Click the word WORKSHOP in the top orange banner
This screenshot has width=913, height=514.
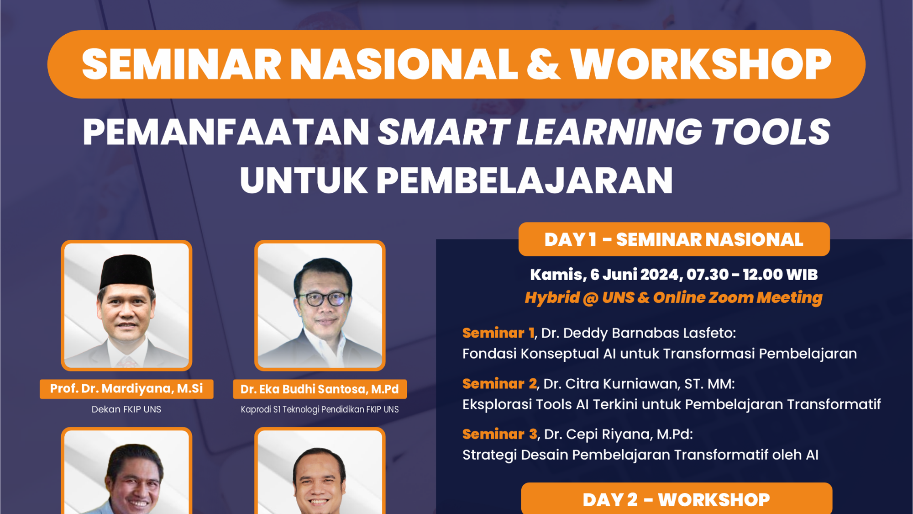(x=701, y=64)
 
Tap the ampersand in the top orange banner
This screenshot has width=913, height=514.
(x=543, y=64)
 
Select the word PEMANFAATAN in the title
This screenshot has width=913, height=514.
(x=226, y=132)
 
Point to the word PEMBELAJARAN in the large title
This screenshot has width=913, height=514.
(x=525, y=180)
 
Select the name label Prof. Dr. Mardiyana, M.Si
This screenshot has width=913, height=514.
(x=126, y=389)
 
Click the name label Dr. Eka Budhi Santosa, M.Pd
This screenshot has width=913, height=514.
(x=320, y=389)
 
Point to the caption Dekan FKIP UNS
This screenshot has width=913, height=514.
(x=126, y=409)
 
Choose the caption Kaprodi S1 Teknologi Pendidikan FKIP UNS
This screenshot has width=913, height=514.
(x=320, y=409)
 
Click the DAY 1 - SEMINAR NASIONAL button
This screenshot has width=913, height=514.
(x=674, y=239)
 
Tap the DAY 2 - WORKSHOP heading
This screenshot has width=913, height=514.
(x=676, y=499)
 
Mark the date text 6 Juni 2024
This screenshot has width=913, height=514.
(x=637, y=275)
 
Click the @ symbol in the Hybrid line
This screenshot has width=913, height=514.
(x=591, y=298)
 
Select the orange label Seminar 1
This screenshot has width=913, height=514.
(x=498, y=333)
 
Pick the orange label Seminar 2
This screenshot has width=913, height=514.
(x=499, y=384)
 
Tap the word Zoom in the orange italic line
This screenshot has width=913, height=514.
(x=731, y=298)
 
